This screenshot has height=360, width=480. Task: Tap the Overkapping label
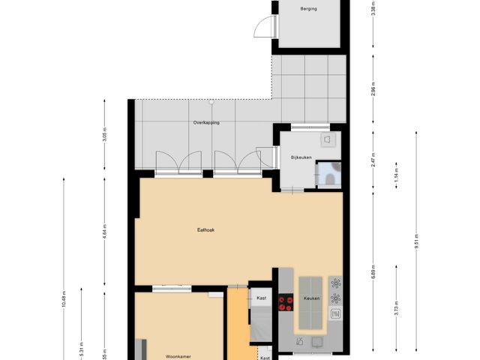pos(206,122)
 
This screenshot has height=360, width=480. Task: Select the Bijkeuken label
pos(301,157)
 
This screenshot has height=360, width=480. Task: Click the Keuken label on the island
pos(311,298)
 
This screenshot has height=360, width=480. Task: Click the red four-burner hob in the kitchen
pos(286,303)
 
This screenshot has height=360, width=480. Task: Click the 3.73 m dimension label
pos(396,309)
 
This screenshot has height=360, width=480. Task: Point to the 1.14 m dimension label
pos(396,178)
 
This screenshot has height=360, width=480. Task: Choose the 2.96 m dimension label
pos(373,92)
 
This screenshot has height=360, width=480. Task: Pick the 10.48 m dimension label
pos(64,298)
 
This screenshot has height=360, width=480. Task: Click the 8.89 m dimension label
pos(373,273)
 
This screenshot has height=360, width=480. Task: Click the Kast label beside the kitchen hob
pos(261,298)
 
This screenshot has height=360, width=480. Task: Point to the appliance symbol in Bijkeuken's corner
pos(328,139)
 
